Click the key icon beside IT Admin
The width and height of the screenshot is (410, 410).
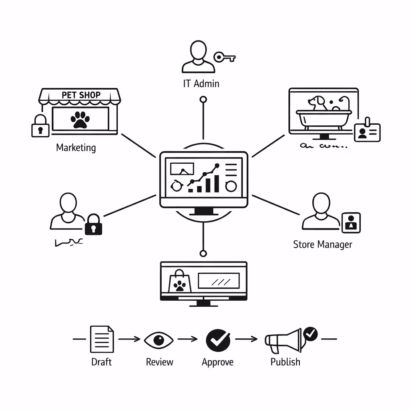pos(224,57)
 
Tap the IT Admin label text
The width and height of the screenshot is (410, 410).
pos(201,84)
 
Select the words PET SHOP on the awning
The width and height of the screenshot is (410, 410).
pos(81,95)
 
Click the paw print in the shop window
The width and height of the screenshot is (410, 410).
pos(80,119)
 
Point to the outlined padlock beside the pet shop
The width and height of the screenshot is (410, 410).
pos(40,126)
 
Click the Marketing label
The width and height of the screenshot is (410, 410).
pos(76,148)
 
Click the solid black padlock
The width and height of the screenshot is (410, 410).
pos(94,225)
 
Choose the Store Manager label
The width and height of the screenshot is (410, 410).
pos(323,244)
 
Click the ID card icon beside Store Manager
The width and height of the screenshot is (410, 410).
pos(351,223)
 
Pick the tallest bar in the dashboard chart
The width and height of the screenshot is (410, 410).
pos(217,183)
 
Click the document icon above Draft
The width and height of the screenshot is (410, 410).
pos(102,339)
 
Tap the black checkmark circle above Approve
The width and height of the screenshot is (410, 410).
pos(218,340)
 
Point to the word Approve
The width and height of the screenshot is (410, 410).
pos(217,362)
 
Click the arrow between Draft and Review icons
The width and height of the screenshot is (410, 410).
pos(129,339)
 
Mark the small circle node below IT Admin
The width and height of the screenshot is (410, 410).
pos(203,99)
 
